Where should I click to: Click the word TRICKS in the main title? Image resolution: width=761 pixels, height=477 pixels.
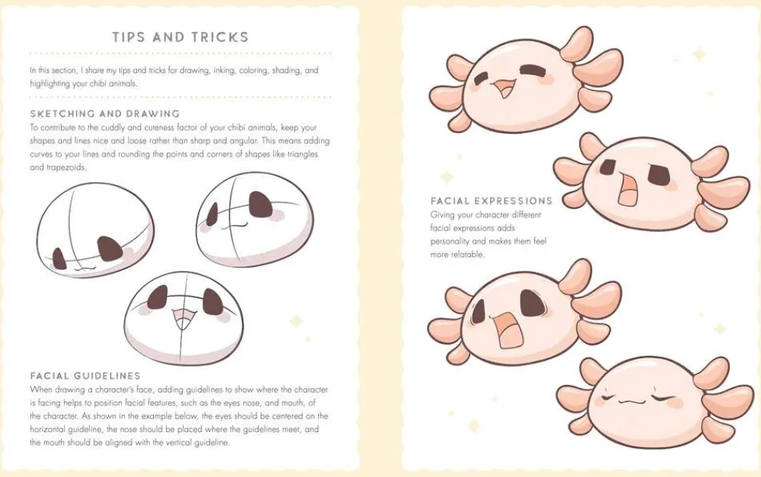click(220, 37)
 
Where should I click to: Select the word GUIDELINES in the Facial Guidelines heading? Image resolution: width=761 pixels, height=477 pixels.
click(107, 376)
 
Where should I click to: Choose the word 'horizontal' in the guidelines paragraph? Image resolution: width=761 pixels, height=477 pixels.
click(47, 429)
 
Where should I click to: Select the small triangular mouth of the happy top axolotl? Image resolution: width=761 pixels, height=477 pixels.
click(504, 87)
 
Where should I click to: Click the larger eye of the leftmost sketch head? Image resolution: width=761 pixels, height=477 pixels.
click(109, 249)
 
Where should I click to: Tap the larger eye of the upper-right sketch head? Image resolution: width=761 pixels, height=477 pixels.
click(260, 205)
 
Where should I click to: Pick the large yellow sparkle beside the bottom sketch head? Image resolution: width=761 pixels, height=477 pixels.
click(296, 321)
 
